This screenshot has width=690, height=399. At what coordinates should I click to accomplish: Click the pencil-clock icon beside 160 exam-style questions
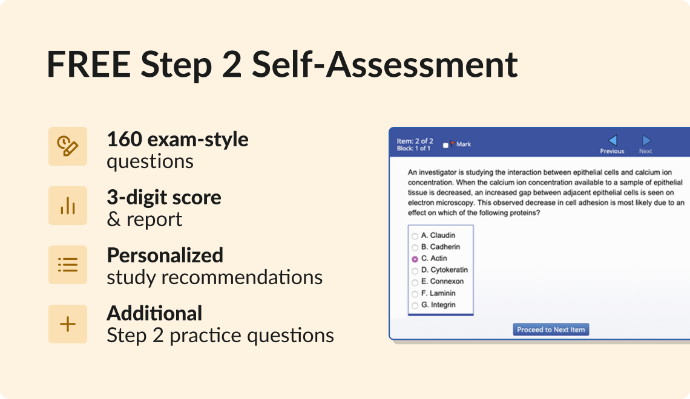click(68, 146)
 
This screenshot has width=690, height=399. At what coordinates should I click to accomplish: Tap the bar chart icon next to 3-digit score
click(68, 206)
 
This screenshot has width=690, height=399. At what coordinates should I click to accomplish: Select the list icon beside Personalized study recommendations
click(68, 265)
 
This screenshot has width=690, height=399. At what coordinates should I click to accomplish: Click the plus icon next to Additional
click(68, 324)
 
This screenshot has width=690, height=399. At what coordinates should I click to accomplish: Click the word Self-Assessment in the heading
click(385, 65)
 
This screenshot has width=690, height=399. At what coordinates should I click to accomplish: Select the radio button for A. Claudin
click(415, 236)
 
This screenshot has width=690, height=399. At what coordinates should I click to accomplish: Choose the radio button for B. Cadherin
click(415, 247)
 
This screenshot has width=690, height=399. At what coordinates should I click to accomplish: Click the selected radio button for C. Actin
click(415, 259)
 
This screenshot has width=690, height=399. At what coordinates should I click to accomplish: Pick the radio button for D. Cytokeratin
click(415, 270)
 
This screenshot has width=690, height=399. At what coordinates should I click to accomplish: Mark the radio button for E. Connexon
click(415, 282)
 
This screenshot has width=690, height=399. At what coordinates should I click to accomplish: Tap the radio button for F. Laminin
click(415, 294)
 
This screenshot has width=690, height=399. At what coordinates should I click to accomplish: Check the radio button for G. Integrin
click(415, 305)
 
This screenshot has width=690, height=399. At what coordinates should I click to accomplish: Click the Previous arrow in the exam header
click(612, 141)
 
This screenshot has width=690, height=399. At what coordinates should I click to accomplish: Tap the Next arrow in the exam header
click(646, 141)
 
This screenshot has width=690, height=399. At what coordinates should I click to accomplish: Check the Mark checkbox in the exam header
click(446, 145)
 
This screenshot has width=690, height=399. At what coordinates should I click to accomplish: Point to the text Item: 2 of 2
click(415, 141)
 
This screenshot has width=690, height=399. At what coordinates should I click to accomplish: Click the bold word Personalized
click(165, 255)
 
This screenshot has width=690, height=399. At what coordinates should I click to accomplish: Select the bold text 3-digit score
click(164, 197)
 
